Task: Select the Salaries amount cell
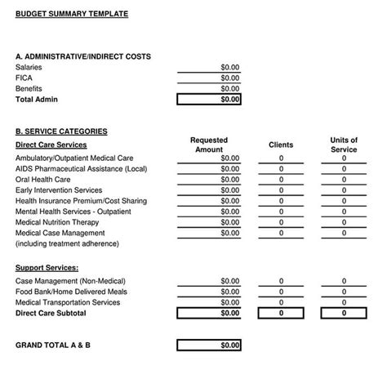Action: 229,67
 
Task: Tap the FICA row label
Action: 24,78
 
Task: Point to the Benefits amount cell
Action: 229,88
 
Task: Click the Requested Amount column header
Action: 209,145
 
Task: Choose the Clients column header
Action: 281,145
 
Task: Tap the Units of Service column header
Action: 344,145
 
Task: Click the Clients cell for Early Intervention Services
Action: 281,190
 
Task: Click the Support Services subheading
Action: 47,267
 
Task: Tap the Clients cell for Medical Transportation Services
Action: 281,302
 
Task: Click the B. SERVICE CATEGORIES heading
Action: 61,131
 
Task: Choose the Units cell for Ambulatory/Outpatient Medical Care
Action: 344,158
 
